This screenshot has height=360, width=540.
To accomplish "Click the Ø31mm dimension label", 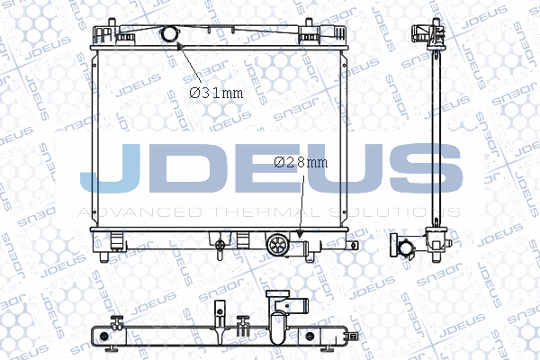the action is [x=216, y=93].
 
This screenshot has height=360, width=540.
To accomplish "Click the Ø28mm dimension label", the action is [x=301, y=162].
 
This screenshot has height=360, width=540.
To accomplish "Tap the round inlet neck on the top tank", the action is [x=169, y=33].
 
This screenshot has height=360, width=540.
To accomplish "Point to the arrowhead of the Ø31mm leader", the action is [x=180, y=46].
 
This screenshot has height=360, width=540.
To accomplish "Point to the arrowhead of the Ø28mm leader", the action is [x=300, y=234].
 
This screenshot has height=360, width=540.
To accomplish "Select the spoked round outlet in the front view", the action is [x=277, y=245].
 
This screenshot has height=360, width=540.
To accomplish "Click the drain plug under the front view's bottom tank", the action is [x=220, y=247].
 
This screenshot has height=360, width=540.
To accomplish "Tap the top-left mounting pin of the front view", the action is [x=112, y=22].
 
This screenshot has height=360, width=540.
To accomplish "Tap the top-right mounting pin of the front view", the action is [x=309, y=22].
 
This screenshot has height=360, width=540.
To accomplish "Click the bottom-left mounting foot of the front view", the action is [x=104, y=257].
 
